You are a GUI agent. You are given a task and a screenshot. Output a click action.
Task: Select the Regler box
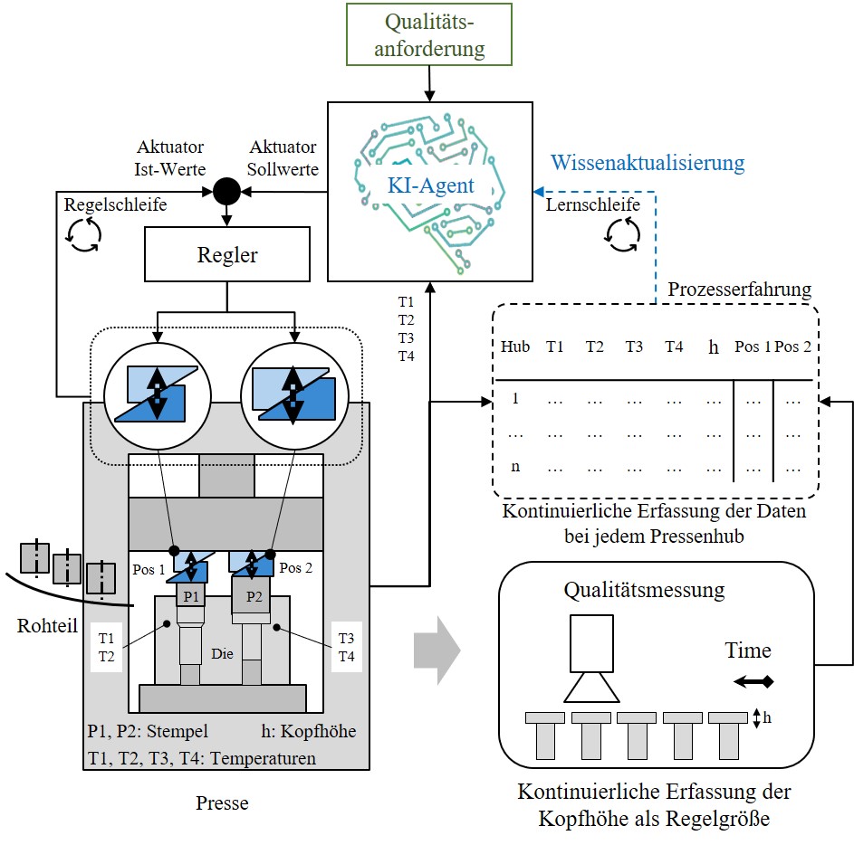[x=226, y=255]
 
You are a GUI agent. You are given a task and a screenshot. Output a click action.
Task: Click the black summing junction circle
[x=226, y=191]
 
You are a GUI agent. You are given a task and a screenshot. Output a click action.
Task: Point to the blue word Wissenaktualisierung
[x=648, y=163]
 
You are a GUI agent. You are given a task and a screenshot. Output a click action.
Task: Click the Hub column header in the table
[x=515, y=347]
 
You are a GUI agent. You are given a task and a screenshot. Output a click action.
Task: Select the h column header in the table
[x=713, y=347]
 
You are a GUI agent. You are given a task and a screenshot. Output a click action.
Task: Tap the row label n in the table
[x=515, y=468]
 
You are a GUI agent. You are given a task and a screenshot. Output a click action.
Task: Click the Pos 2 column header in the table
[x=792, y=347]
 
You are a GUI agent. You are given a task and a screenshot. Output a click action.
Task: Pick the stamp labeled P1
[x=191, y=596]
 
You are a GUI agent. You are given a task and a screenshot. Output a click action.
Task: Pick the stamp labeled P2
[x=254, y=596]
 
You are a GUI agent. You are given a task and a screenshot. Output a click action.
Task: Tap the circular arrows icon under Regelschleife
[x=82, y=233]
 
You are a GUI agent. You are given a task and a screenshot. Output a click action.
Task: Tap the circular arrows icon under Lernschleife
[x=621, y=234]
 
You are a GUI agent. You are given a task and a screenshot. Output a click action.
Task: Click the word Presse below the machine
[x=224, y=802]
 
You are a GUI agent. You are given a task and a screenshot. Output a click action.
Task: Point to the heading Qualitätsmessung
[x=644, y=590]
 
